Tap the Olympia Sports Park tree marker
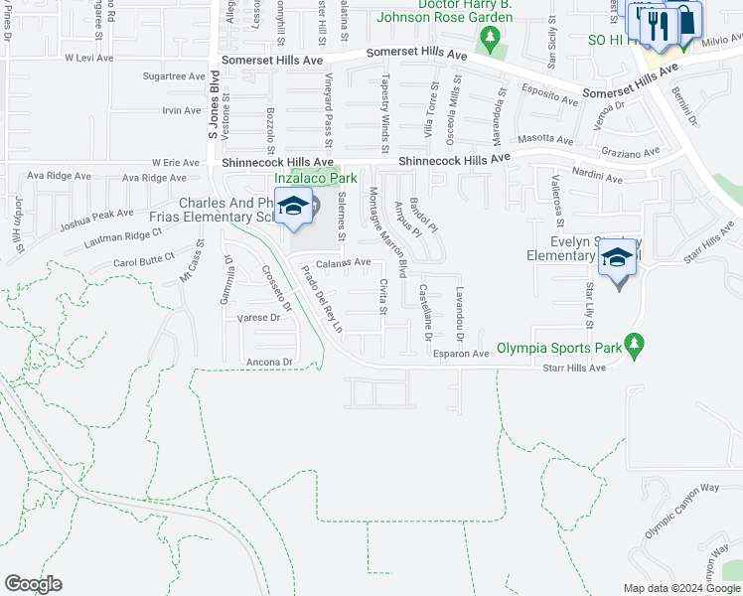pos(633,347)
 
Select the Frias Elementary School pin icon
pos(293,208)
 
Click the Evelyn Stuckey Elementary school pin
pos(617,260)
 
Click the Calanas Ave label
pos(343,263)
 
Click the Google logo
pos(33,584)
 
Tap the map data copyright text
pos(680,588)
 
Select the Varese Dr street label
pos(259,318)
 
